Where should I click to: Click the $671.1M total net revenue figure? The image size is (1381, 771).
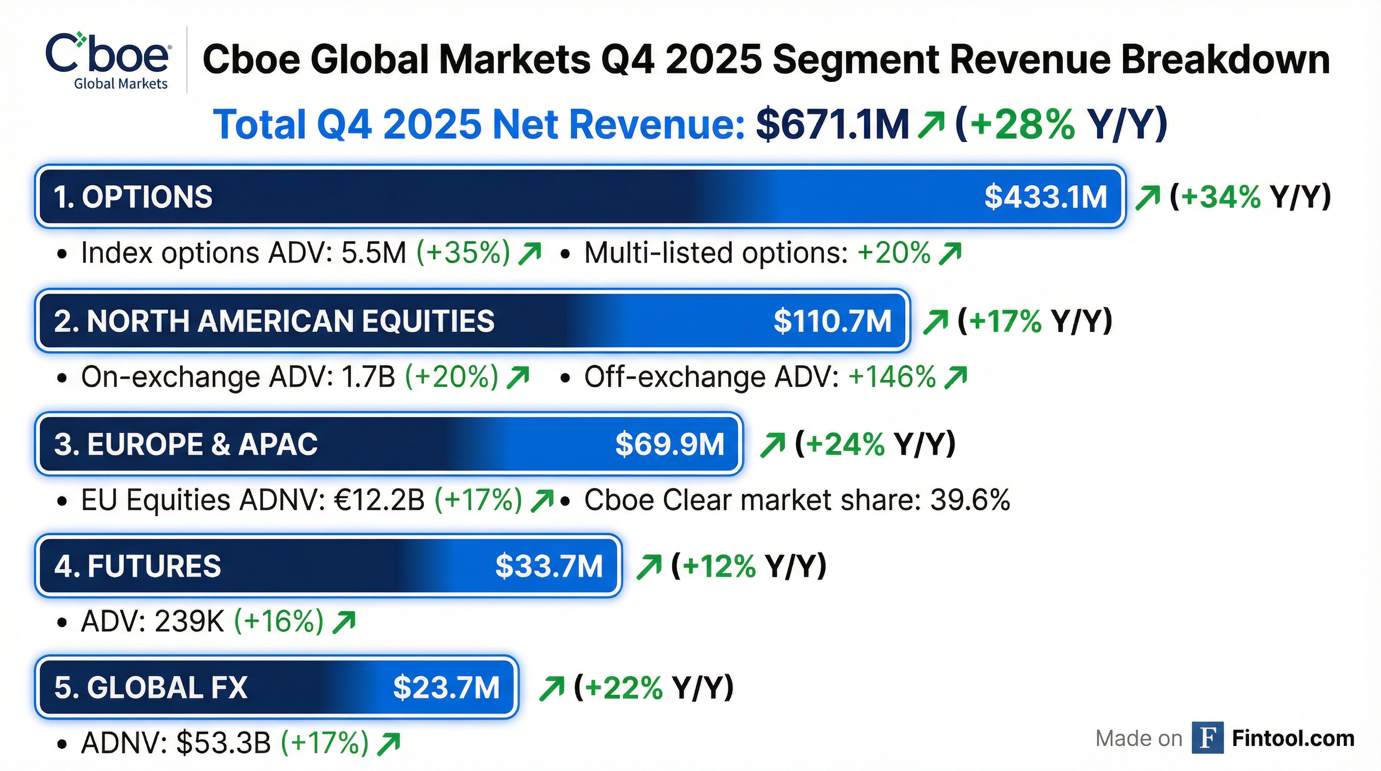832,124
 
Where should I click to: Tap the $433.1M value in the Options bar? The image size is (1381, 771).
1045,197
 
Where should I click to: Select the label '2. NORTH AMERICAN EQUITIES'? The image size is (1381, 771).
274,321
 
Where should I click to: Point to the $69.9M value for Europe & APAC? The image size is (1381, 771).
669,444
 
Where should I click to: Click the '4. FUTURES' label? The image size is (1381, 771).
138,566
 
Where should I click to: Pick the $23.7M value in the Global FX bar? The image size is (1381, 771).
446,688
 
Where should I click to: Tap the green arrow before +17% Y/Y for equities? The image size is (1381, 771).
935,322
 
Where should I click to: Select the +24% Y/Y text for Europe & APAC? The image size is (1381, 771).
875,444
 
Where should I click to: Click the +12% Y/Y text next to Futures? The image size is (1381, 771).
749,566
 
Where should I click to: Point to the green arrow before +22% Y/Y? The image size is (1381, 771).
552,689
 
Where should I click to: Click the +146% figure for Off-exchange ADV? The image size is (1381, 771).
892,376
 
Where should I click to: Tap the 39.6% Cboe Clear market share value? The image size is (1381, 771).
970,500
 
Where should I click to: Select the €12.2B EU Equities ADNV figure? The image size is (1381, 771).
379,500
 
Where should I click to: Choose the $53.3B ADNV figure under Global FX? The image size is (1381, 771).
223,743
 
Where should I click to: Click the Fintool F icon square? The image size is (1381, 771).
1207,738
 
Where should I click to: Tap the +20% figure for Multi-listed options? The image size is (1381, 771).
894,253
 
